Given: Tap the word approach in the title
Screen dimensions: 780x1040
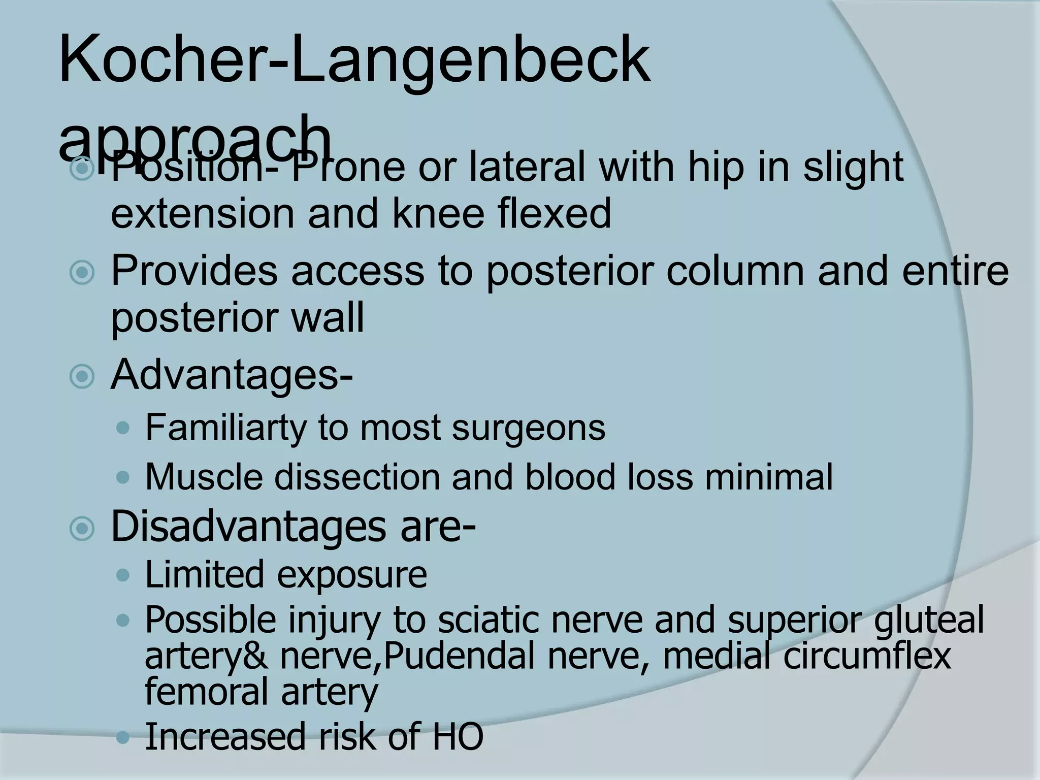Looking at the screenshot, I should [196, 138].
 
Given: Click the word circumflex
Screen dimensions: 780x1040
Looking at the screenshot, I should [866, 657].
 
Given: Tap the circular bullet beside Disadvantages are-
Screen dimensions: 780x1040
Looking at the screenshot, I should [82, 529].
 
